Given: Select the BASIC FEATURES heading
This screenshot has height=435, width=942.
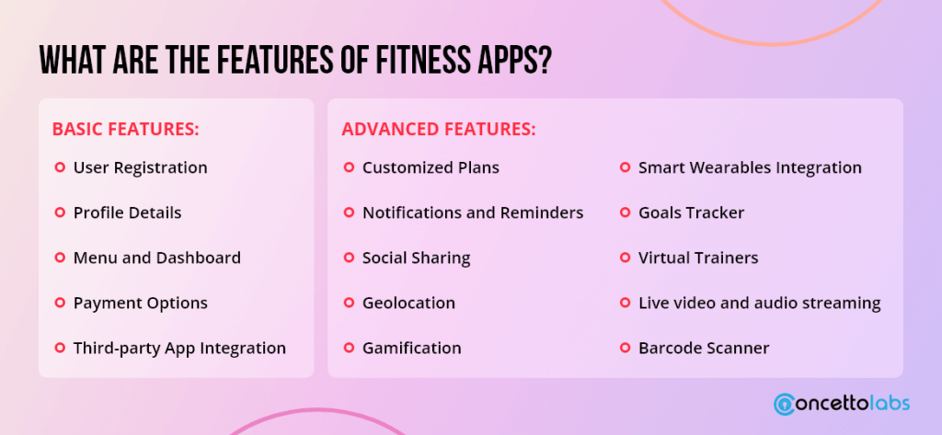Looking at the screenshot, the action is [x=125, y=129].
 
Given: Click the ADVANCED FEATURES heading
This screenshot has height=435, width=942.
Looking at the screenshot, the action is [x=439, y=129].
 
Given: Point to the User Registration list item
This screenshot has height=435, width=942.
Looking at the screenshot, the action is [x=141, y=167].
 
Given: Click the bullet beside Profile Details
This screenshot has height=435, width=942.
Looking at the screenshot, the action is [x=60, y=212].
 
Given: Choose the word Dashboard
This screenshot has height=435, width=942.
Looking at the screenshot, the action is [x=199, y=258].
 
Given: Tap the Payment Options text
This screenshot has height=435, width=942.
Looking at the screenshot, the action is [x=141, y=303].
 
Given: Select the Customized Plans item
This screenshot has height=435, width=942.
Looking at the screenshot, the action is [x=431, y=167].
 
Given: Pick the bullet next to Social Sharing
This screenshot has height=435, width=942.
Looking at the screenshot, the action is [x=349, y=258].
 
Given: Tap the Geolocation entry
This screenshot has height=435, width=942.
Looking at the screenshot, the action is [x=408, y=303].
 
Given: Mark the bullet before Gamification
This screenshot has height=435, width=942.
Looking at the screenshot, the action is [x=349, y=348].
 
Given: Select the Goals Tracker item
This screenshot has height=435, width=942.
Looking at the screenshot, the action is [x=692, y=212].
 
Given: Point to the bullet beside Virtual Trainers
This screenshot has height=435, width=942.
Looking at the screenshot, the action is [x=625, y=258].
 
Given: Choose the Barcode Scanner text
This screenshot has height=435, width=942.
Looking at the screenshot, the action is [x=704, y=348].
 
